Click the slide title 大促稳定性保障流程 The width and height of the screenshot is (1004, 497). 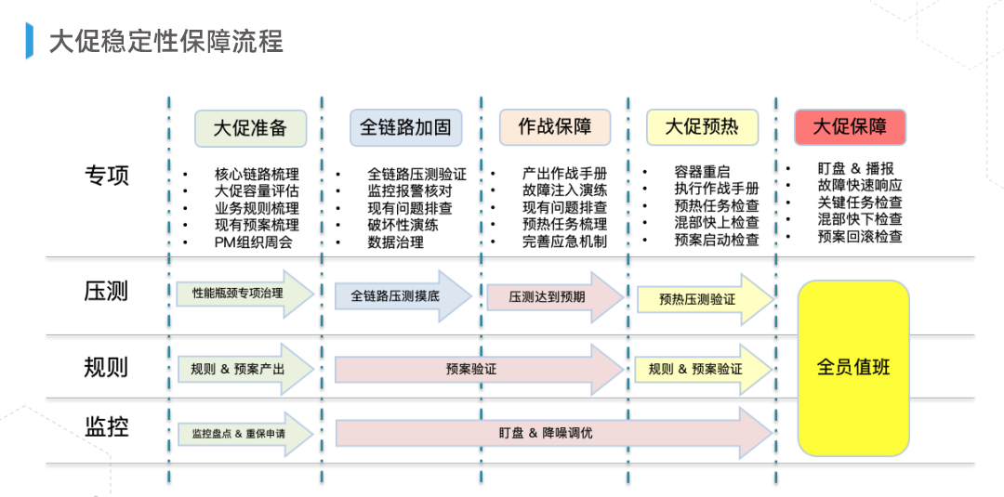point(165,42)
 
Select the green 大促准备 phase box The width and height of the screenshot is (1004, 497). point(250,128)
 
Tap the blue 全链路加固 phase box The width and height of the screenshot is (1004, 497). point(405,127)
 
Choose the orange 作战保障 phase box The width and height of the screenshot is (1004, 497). point(555,127)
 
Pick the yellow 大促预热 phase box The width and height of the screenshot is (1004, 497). point(702,127)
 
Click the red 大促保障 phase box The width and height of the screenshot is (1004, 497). point(850,127)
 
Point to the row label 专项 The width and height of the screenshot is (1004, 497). point(107,176)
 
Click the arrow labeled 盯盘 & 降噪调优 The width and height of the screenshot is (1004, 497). point(548,433)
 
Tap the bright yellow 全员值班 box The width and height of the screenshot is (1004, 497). point(853,368)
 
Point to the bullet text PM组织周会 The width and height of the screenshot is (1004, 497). point(253,242)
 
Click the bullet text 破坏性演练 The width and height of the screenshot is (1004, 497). point(403,225)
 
